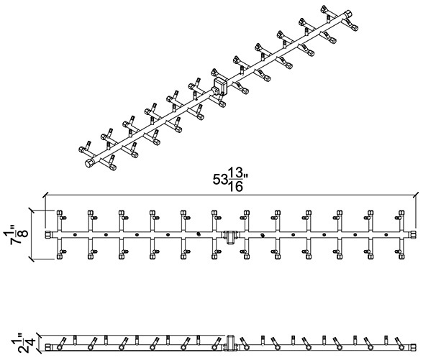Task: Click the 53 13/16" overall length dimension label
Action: point(230,179)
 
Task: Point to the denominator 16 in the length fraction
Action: point(235,187)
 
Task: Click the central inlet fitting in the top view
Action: point(230,237)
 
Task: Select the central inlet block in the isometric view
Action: point(220,86)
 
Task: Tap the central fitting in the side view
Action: point(230,343)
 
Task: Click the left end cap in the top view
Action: point(47,234)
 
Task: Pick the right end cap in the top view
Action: point(412,234)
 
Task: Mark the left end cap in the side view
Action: point(47,347)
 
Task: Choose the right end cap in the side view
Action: point(412,347)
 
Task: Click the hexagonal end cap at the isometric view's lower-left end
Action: point(89,163)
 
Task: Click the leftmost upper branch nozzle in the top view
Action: point(60,213)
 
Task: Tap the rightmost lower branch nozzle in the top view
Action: point(401,256)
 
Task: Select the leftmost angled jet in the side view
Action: point(61,343)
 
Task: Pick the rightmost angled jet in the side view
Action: point(399,343)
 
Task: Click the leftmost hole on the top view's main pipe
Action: point(75,235)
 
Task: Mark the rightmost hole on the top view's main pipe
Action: point(386,235)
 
